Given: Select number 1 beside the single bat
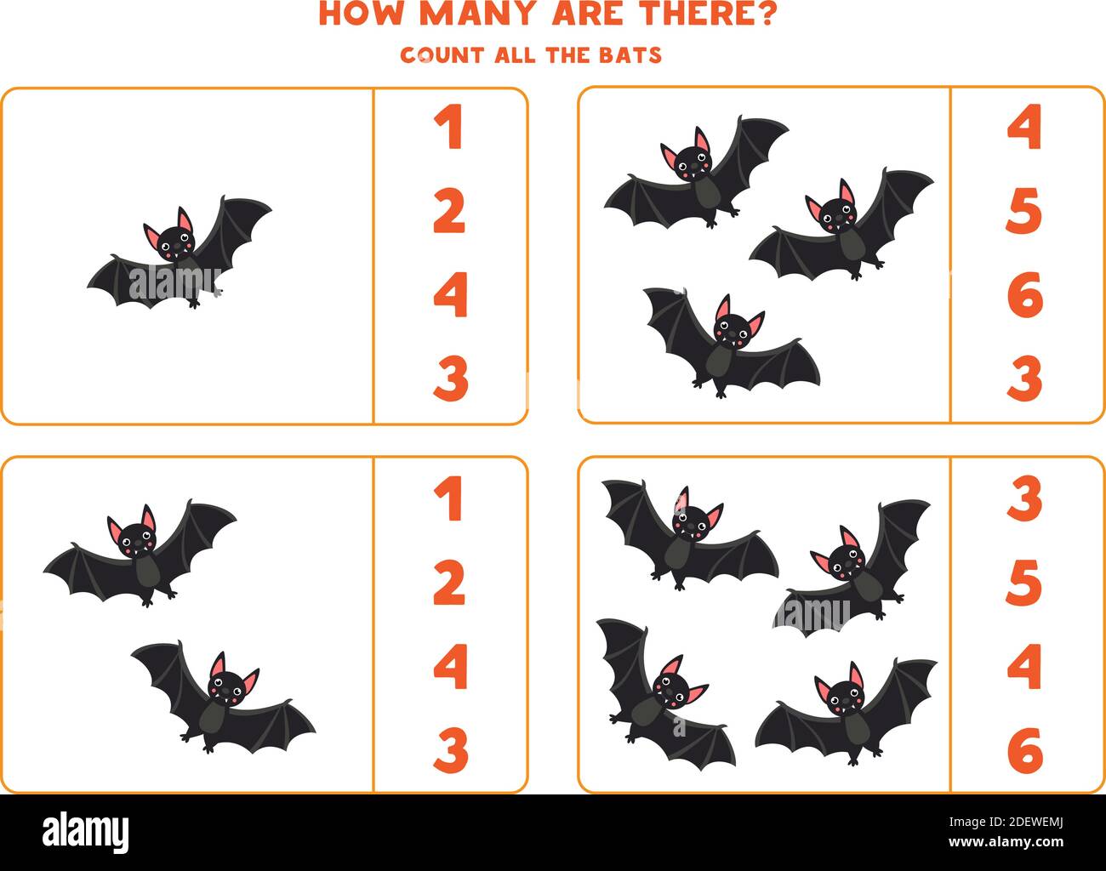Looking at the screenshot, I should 449,128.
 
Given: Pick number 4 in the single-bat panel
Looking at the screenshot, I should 449,295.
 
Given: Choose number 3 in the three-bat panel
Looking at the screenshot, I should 1024,379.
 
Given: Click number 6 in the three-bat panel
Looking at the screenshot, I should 1024,295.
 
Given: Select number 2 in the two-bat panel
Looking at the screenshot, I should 449,583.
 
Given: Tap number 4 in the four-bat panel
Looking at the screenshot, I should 1024,666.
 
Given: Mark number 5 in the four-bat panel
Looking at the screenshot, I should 1024,583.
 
